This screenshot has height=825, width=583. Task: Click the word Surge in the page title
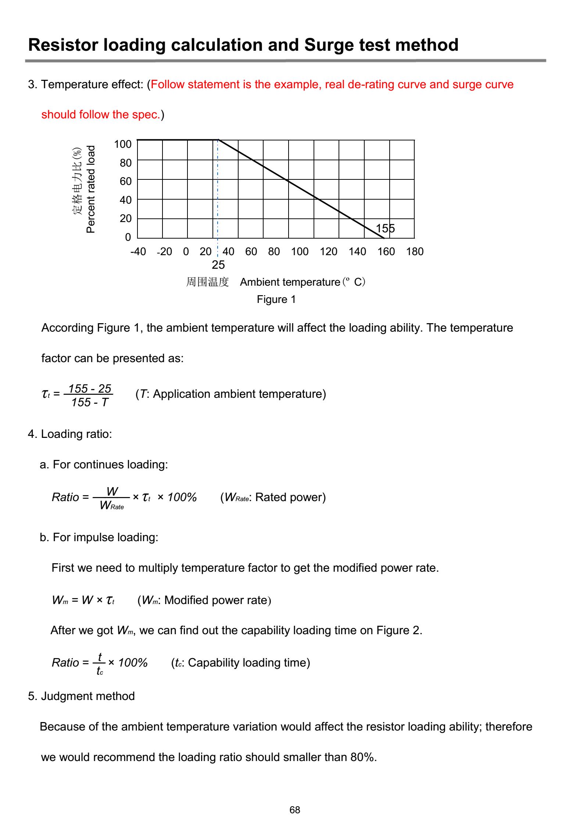(329, 45)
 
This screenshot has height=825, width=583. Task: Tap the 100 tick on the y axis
(123, 144)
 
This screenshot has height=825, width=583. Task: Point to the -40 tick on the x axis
(138, 252)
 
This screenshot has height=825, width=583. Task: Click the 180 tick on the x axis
(415, 252)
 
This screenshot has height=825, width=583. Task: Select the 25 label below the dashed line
(218, 265)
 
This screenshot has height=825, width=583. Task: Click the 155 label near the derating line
(385, 229)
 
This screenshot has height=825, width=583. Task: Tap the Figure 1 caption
(276, 300)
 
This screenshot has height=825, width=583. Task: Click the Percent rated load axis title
(90, 189)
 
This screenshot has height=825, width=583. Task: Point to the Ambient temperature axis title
(290, 282)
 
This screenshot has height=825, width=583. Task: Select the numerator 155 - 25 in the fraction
(90, 389)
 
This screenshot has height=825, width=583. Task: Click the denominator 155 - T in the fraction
(90, 403)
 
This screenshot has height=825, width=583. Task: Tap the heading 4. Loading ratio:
(70, 434)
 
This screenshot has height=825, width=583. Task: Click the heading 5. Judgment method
(81, 696)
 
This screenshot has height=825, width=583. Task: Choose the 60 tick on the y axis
(126, 181)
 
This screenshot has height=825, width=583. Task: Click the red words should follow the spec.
(101, 115)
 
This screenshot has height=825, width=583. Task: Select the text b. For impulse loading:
(99, 537)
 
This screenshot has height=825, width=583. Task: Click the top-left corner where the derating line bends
(218, 140)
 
